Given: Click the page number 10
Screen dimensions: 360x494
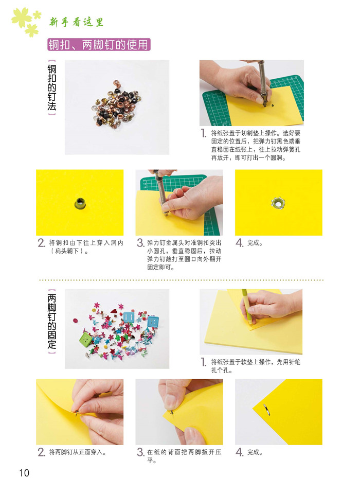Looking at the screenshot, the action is pyautogui.click(x=24, y=472).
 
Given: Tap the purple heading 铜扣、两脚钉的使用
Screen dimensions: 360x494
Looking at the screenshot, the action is pyautogui.click(x=99, y=45).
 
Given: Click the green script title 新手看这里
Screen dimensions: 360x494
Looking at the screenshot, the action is pyautogui.click(x=76, y=22).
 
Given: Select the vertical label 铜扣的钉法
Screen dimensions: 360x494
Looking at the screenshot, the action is pyautogui.click(x=51, y=87).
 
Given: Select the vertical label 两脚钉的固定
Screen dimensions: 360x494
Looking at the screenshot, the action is pyautogui.click(x=51, y=321).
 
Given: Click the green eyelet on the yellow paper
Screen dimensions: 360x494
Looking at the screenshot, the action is pyautogui.click(x=80, y=203).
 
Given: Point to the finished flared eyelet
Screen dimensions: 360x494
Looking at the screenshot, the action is pyautogui.click(x=278, y=203).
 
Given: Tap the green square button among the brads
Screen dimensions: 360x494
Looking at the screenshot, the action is pyautogui.click(x=85, y=339).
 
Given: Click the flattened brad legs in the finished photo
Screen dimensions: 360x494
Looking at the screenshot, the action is pyautogui.click(x=266, y=409).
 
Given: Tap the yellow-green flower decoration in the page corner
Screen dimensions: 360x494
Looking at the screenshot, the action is pyautogui.click(x=26, y=22).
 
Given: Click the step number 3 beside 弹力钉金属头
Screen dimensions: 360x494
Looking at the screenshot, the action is pyautogui.click(x=140, y=243).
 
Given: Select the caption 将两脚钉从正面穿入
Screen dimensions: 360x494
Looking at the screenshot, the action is pyautogui.click(x=78, y=452).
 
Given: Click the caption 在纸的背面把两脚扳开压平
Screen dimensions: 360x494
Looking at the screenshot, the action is pyautogui.click(x=184, y=456).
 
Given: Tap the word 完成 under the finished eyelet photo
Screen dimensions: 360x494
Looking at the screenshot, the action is pyautogui.click(x=255, y=243).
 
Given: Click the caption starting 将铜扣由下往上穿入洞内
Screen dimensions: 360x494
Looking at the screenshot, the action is pyautogui.click(x=86, y=246).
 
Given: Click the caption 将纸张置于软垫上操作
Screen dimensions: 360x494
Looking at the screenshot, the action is pyautogui.click(x=256, y=366).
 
